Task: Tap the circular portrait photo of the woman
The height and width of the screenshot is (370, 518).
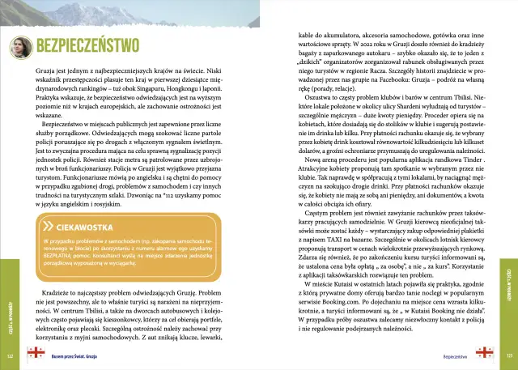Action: tap(20, 50)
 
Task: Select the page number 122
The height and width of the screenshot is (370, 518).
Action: tap(9, 355)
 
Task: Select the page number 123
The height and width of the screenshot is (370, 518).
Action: tap(509, 355)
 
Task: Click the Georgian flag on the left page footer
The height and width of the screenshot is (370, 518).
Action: tap(35, 355)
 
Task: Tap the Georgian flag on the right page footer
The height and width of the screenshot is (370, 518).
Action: tap(484, 355)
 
